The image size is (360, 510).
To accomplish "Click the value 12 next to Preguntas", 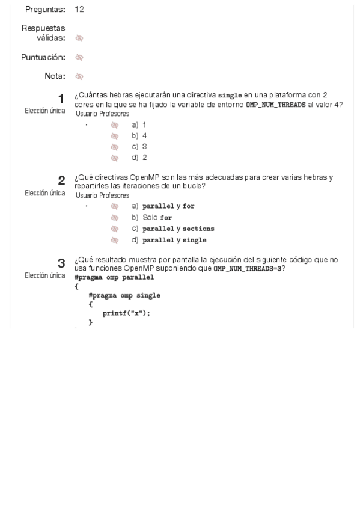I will [79, 10].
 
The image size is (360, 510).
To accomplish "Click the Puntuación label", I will [43, 57].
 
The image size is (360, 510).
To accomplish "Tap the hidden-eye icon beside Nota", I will [79, 76].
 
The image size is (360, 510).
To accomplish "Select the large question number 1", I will [61, 98].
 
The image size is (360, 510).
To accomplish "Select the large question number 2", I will [61, 180].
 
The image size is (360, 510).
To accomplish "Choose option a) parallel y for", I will [163, 206].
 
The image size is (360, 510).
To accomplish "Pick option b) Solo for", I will [152, 218].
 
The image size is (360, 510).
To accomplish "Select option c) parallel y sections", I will [173, 229].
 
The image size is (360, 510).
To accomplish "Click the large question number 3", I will [61, 263].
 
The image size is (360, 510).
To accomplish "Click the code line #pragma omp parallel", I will [114, 277].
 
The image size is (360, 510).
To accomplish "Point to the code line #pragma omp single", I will [124, 295].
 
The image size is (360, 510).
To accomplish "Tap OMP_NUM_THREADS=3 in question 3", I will [247, 268].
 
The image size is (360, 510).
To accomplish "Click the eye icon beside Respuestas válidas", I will [79, 38].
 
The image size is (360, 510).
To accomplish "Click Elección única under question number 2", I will [45, 193].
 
